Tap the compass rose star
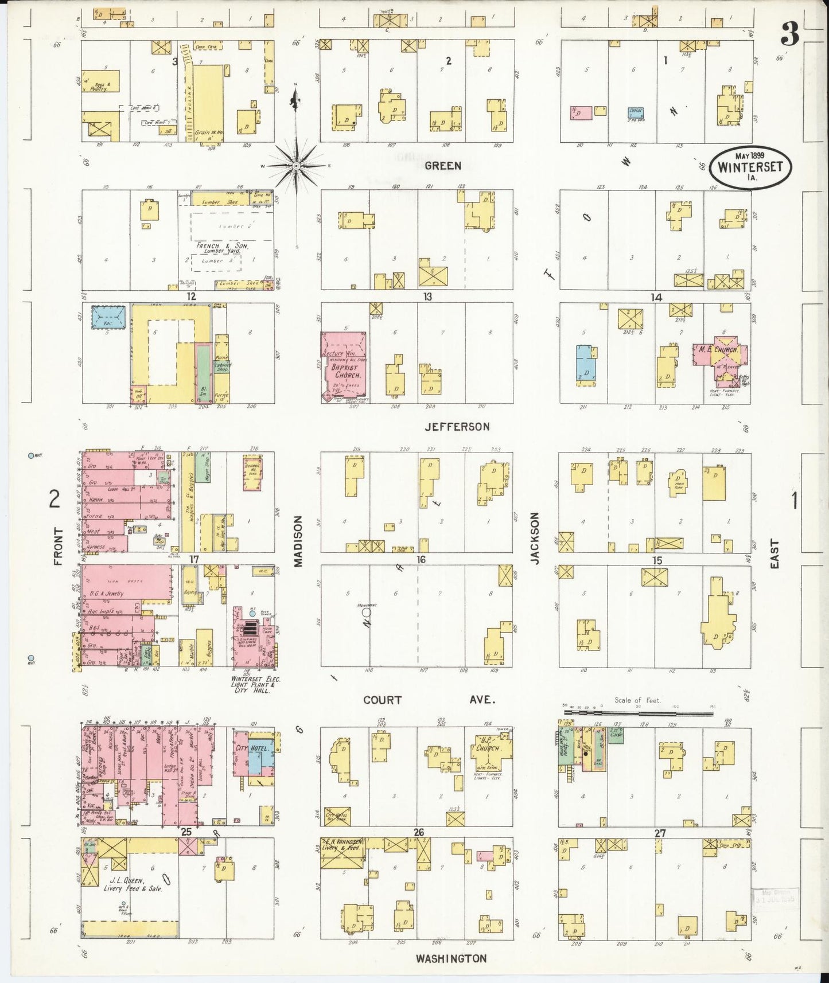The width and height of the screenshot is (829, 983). [296, 166]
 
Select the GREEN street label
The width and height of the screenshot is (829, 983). [443, 166]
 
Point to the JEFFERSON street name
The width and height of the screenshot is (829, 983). [457, 427]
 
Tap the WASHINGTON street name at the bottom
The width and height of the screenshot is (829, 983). [451, 958]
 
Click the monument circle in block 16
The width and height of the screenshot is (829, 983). [367, 612]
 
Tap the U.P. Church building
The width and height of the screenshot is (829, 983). [487, 750]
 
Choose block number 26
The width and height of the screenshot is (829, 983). [418, 832]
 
